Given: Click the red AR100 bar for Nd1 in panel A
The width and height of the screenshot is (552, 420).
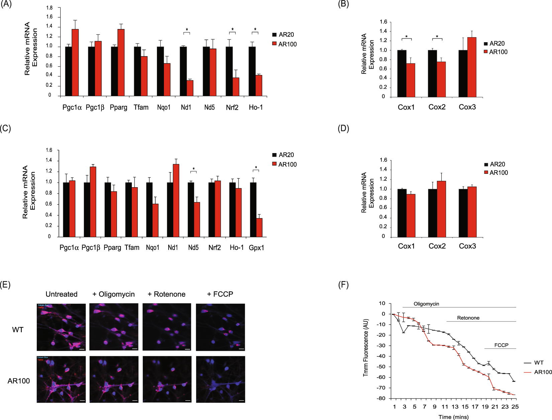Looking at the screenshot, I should tap(190, 88).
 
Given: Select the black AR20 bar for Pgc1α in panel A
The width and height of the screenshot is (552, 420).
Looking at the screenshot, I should tap(68, 71).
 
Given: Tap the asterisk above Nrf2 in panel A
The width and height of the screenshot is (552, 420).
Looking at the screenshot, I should tap(233, 29).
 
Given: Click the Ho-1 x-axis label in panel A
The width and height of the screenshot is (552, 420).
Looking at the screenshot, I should tap(256, 108).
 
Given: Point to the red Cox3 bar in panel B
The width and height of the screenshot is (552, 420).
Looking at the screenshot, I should tap(472, 67).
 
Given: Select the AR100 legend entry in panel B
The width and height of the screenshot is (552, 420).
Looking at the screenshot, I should tap(496, 52).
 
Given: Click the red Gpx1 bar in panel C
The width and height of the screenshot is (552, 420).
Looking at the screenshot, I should tap(259, 228).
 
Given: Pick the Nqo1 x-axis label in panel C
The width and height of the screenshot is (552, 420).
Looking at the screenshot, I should tap(153, 248).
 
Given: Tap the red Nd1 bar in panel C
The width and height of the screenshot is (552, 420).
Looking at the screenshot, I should tap(176, 200).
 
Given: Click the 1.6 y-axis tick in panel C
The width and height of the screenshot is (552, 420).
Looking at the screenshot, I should tap(49, 150).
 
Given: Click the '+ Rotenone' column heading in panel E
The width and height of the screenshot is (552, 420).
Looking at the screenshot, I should tap(167, 294).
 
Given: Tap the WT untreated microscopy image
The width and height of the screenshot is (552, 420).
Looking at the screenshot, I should tap(61, 327).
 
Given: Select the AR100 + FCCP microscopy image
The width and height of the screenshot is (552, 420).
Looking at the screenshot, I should tap(220, 379).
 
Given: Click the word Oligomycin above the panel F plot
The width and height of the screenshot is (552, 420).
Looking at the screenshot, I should tap(426, 304).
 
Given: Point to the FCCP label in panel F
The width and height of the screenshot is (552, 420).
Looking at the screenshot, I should tap(501, 345).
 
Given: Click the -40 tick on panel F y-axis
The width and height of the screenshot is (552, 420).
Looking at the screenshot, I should tap(381, 356).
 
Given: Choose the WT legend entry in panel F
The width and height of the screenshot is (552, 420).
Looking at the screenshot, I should tap(538, 363).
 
